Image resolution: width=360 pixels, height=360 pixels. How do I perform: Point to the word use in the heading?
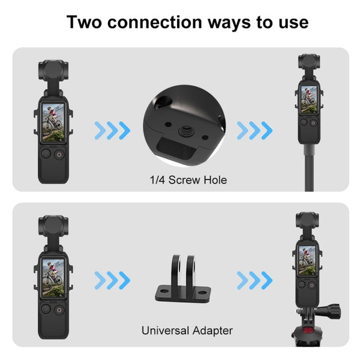point(292,23)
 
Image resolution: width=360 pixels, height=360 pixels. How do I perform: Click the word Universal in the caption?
point(166,330)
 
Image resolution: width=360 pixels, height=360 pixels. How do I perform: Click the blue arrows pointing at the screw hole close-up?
point(111,129)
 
